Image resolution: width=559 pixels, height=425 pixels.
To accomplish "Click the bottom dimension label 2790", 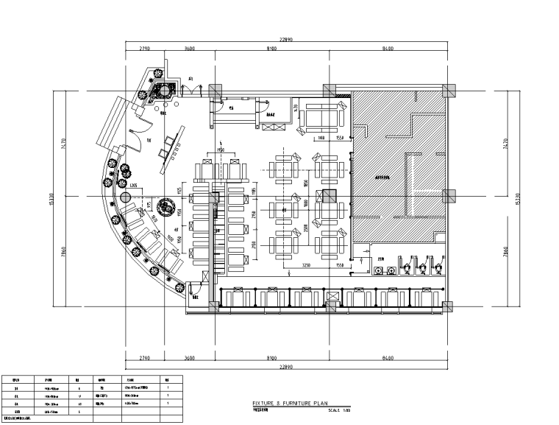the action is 144,359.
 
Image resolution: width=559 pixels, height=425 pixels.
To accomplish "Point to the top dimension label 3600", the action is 189,49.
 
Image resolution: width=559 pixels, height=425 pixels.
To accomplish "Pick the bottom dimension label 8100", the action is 271,359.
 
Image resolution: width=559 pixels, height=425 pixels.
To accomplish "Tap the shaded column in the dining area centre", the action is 328,196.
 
